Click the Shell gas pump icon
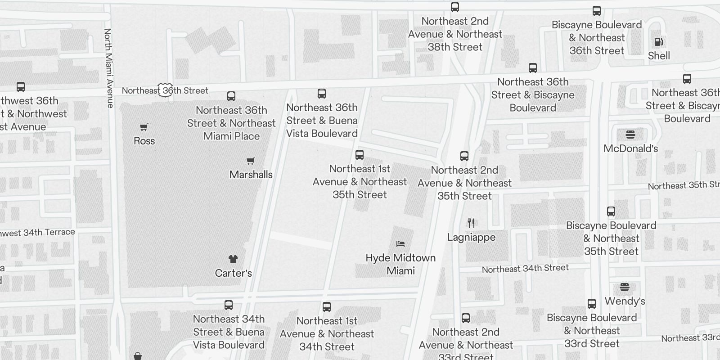click(659, 42)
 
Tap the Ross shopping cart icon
click(144, 127)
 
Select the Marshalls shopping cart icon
click(251, 161)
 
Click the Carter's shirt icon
click(233, 259)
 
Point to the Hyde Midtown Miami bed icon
click(400, 244)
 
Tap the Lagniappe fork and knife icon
click(471, 223)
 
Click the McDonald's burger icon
click(630, 135)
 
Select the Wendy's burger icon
click(625, 287)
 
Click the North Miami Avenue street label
click(108, 68)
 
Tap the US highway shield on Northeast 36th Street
click(165, 90)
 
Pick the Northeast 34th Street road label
click(525, 269)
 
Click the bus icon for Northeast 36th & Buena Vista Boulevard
click(322, 94)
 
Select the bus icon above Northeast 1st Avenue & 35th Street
click(360, 155)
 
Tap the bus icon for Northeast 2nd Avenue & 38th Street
click(455, 7)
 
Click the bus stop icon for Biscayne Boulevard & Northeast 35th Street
click(611, 211)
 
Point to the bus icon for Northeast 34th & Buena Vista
click(229, 305)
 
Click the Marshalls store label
click(251, 175)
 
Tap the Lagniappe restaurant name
click(471, 237)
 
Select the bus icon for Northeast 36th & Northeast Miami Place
click(231, 96)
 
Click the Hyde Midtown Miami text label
click(400, 264)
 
